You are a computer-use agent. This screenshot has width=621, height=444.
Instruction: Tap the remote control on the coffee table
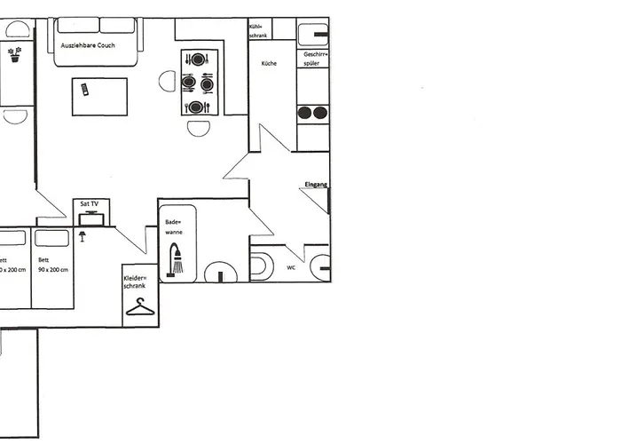point(84,89)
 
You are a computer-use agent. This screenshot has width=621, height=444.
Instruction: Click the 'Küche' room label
point(270,64)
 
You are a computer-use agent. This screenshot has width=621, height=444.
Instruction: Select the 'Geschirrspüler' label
point(316,59)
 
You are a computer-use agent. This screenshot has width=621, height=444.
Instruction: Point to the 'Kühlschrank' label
point(259,30)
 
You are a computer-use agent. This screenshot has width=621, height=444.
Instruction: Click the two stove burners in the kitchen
point(312,113)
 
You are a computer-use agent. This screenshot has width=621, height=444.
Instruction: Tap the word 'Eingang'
point(316,184)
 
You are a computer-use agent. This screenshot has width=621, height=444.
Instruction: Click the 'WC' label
point(291,266)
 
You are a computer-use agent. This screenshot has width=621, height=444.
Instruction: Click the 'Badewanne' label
point(173,226)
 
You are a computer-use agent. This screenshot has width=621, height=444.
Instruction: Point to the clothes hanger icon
point(140,307)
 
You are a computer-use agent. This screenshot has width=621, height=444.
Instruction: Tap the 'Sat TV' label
point(90,204)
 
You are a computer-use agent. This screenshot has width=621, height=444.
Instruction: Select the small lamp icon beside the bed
point(83,236)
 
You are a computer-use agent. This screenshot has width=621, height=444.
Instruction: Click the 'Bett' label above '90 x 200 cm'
point(43,260)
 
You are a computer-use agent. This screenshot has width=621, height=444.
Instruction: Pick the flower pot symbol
point(14,53)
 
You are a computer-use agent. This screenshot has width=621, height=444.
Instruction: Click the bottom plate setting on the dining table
point(197,107)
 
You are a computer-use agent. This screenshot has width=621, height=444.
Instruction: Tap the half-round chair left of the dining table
point(168,82)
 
